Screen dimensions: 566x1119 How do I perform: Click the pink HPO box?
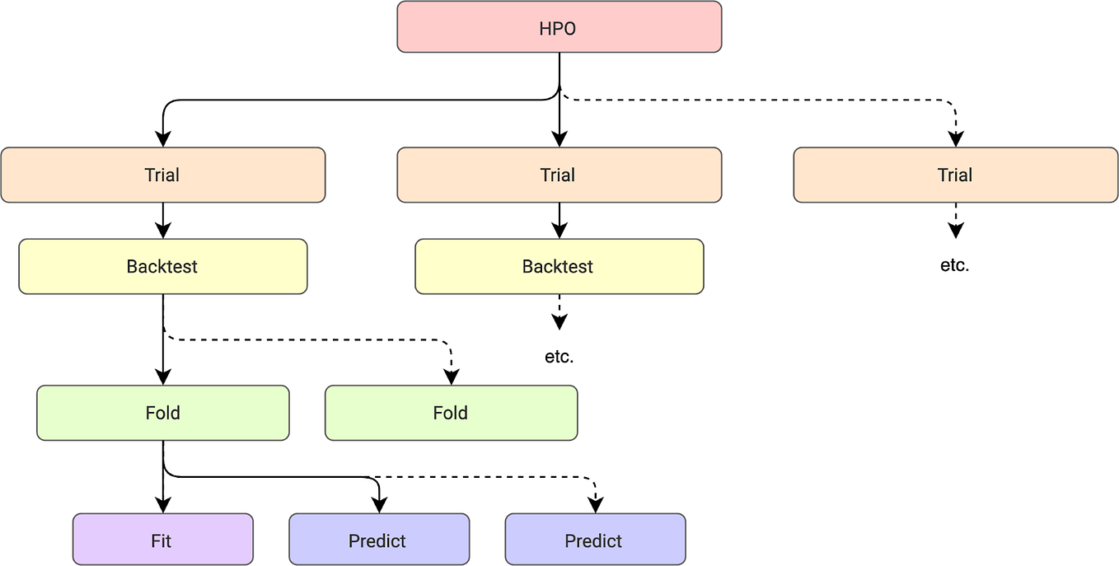tap(559, 27)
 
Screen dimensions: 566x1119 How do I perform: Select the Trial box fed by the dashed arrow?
tap(955, 175)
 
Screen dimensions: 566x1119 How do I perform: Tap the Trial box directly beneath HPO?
tap(559, 175)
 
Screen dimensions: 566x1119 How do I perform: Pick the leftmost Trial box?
tap(162, 175)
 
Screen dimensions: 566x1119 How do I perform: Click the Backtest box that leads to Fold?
tap(162, 266)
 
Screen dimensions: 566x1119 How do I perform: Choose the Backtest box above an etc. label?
tap(559, 266)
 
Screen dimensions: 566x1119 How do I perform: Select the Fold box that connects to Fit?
tap(162, 413)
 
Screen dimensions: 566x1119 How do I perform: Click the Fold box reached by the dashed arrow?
tap(451, 413)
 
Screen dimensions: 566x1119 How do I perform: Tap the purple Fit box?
tap(162, 540)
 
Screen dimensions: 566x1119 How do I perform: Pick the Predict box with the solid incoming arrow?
tap(378, 540)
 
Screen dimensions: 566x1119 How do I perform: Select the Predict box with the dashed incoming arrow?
tap(594, 540)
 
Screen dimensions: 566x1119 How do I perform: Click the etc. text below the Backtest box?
tap(559, 358)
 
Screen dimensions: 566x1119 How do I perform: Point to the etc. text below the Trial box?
tap(954, 266)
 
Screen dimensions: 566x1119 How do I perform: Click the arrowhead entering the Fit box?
tap(163, 505)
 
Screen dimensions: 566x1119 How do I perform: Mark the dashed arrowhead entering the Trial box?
tap(955, 139)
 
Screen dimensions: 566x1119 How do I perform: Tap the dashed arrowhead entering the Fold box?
tap(451, 377)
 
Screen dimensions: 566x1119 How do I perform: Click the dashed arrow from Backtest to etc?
tap(559, 311)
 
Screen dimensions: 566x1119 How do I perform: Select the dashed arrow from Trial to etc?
tap(955, 219)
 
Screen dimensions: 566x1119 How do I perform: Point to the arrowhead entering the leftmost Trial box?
tap(163, 139)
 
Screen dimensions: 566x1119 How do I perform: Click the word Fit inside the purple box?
tap(162, 540)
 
